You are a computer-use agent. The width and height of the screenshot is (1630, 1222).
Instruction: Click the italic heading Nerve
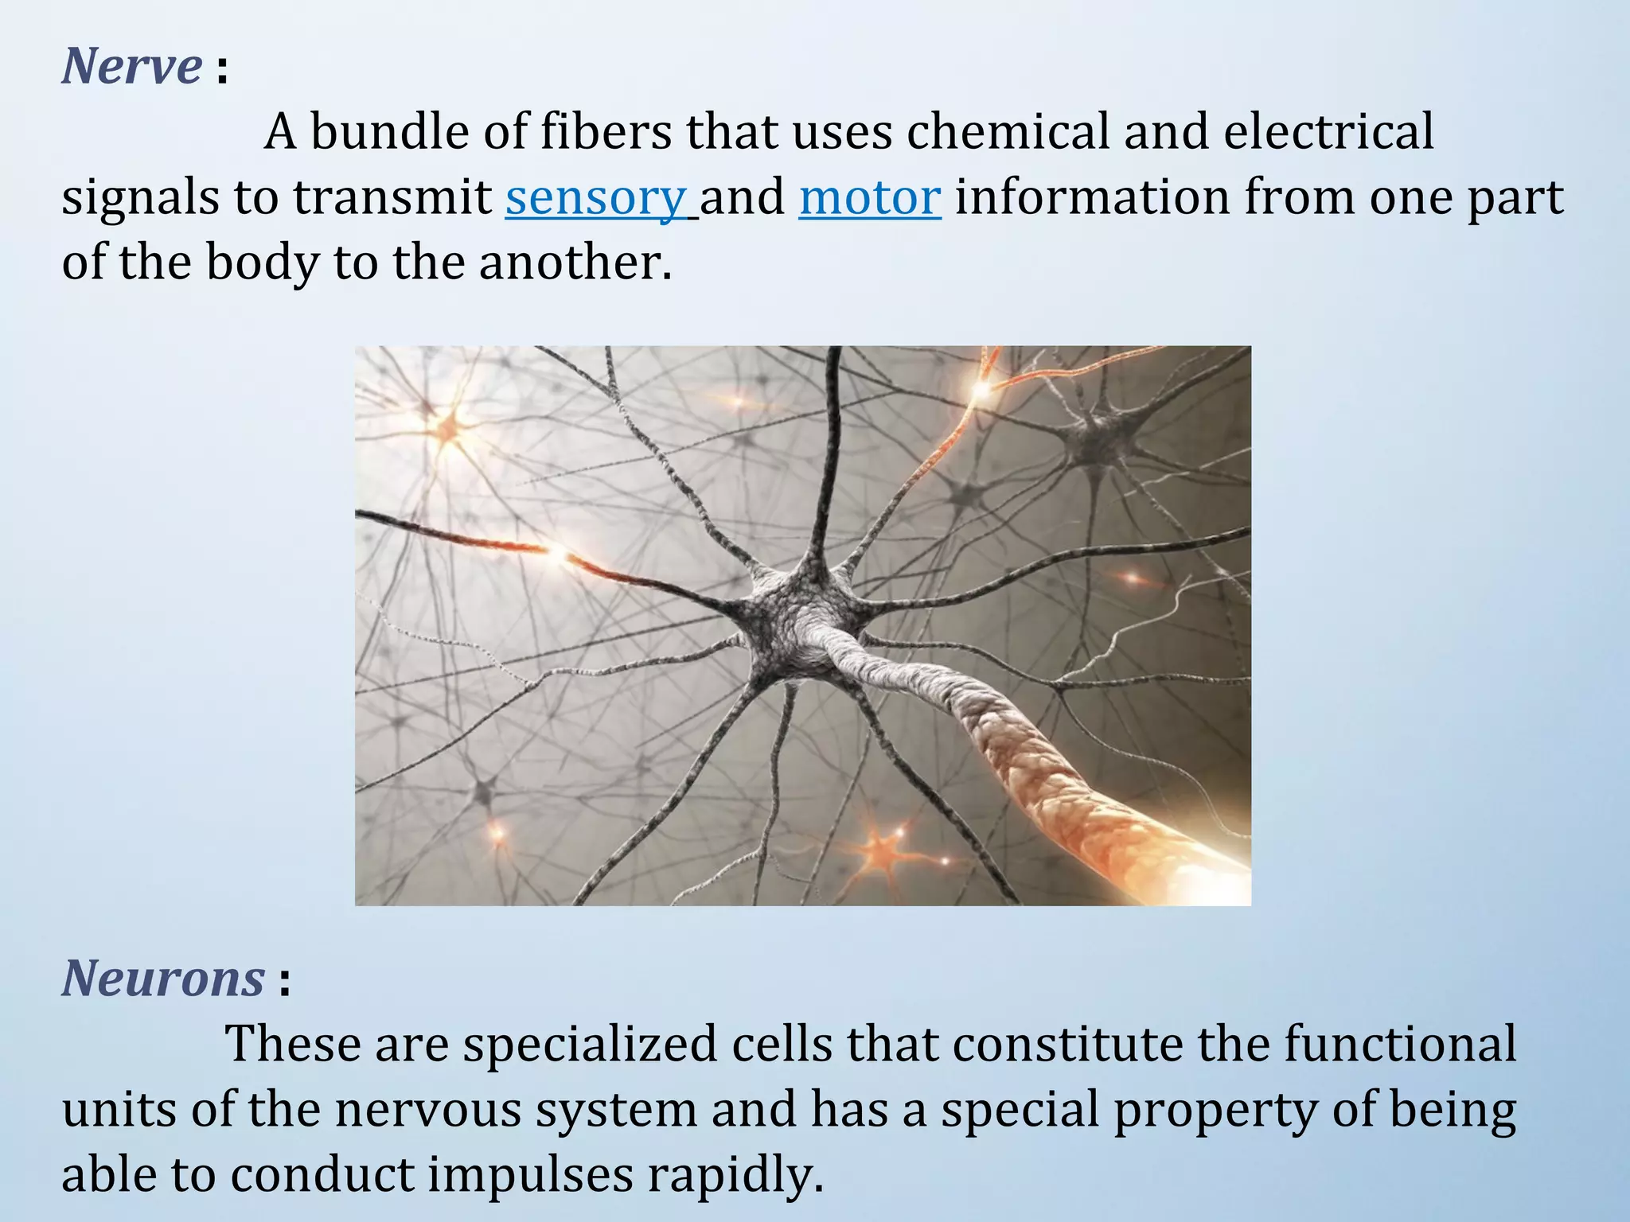(132, 66)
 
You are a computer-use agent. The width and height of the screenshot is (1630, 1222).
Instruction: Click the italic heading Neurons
(163, 978)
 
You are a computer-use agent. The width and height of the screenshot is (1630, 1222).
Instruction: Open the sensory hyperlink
(595, 197)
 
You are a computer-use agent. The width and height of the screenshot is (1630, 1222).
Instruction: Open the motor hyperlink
(870, 197)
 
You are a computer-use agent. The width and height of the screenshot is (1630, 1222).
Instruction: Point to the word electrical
(1328, 131)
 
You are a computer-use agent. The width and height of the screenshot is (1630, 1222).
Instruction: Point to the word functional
(1400, 1044)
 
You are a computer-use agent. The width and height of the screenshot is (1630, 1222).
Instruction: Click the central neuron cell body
(796, 621)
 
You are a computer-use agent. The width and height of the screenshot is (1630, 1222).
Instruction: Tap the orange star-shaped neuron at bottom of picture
(882, 849)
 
